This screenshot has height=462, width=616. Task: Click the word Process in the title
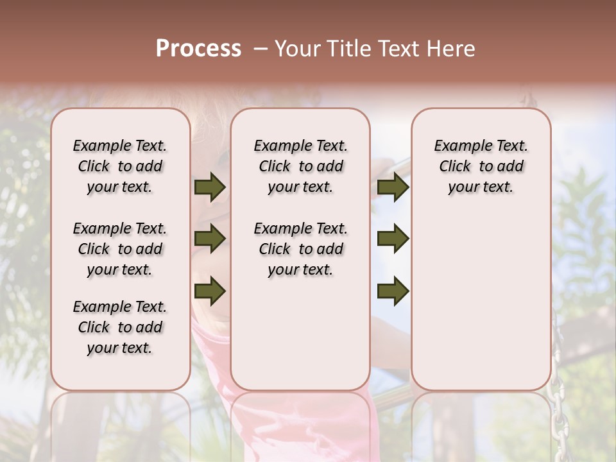click(198, 49)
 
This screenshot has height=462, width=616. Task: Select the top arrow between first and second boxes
click(210, 187)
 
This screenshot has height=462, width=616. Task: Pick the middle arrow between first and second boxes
click(210, 239)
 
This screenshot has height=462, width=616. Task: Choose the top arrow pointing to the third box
click(393, 187)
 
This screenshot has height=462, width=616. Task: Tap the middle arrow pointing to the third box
click(393, 239)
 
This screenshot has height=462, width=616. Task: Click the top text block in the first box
click(120, 166)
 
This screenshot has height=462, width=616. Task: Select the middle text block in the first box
click(120, 249)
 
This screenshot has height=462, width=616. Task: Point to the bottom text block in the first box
click(120, 327)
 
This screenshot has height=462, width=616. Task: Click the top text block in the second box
click(300, 166)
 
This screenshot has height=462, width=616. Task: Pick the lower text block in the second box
click(300, 249)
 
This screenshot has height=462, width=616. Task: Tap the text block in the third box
click(481, 166)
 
